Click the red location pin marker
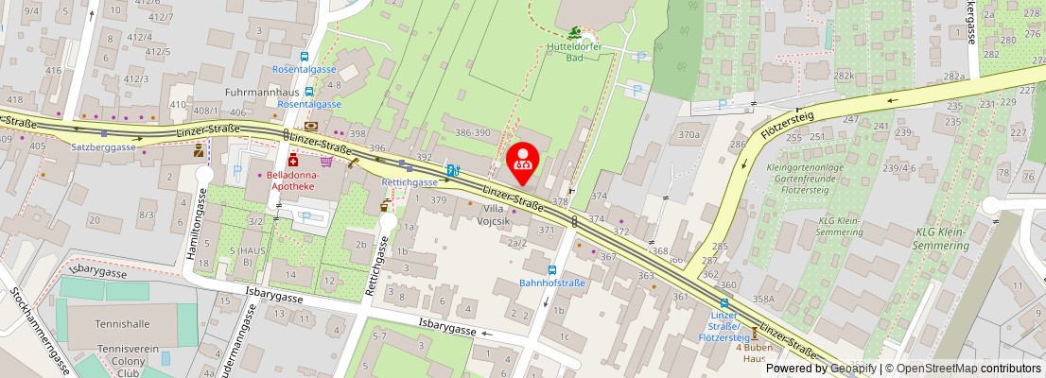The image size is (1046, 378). point(522,163)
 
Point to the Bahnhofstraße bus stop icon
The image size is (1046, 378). point(552,269)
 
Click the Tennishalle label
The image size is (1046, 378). point(123,323)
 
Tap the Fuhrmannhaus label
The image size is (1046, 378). point(262,93)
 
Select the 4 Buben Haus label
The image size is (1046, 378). point(754,353)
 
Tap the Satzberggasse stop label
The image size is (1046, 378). point(104,147)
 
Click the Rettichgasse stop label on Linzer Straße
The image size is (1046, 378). point(410,181)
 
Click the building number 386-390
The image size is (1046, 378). point(473,133)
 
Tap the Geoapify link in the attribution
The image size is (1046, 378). point(849,369)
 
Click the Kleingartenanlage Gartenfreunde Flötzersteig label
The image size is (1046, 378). point(806,178)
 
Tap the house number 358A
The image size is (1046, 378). point(763,299)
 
